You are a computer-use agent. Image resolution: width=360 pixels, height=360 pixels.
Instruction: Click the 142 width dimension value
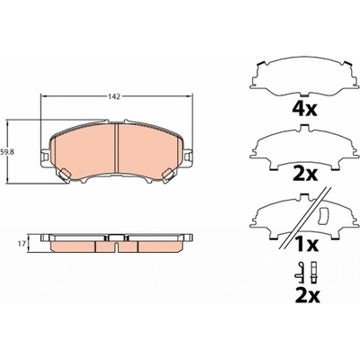click(x=114, y=96)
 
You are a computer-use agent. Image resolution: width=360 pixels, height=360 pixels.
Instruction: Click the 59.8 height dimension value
click(x=5, y=152)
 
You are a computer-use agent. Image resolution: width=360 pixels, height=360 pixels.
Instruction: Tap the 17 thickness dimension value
click(x=22, y=244)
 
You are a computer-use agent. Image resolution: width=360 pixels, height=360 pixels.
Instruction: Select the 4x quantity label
click(x=304, y=109)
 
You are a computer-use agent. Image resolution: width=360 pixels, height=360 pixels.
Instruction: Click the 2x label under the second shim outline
click(x=305, y=174)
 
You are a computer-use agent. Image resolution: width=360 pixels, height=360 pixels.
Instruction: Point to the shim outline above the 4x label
click(x=304, y=78)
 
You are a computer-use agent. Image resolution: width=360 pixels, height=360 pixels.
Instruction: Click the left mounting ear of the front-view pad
click(x=45, y=157)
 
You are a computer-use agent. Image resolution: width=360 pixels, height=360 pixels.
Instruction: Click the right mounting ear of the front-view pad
click(x=188, y=157)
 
